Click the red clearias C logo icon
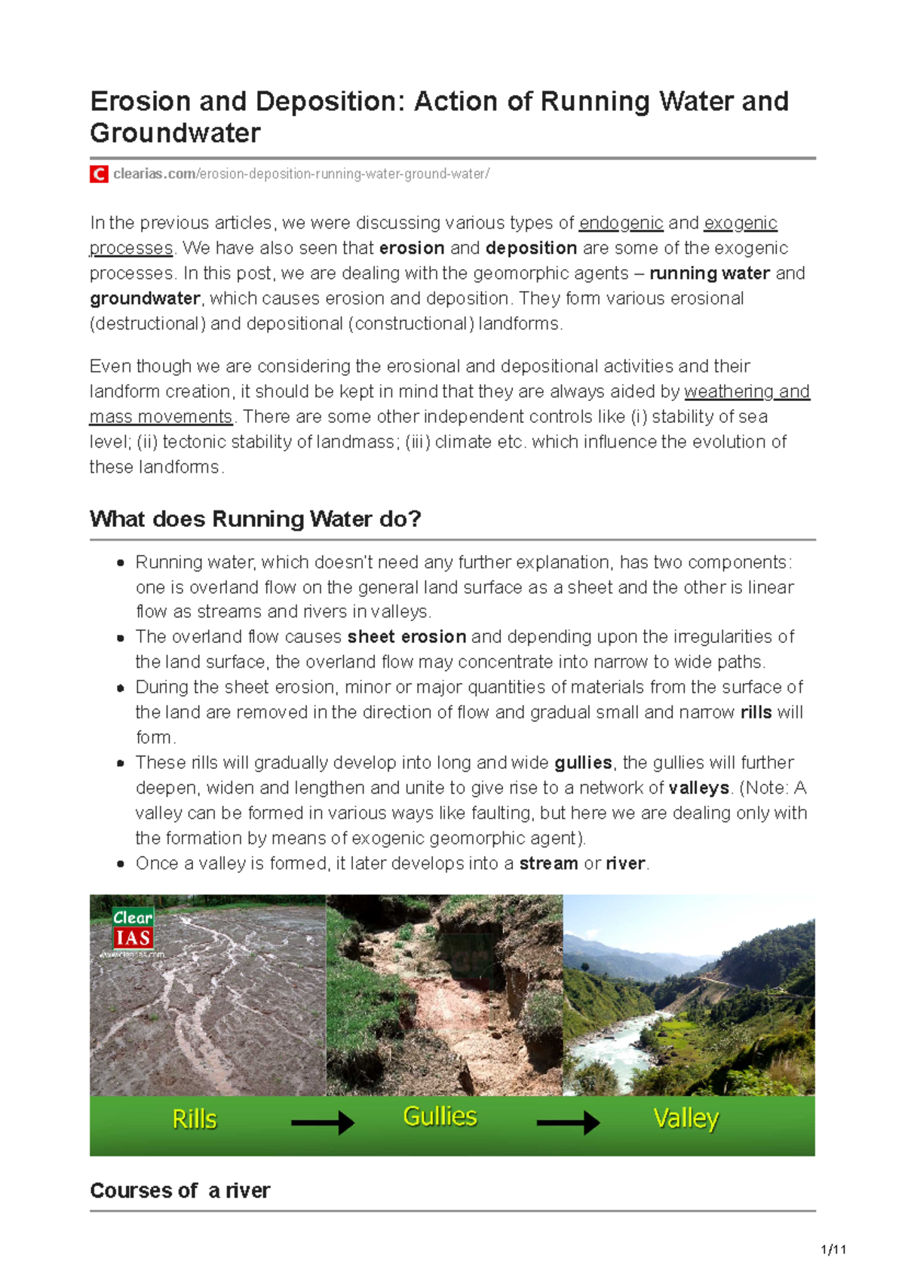(x=98, y=174)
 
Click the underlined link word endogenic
(x=621, y=223)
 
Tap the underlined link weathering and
(x=746, y=391)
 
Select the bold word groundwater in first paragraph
(x=145, y=299)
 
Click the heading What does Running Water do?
(x=255, y=519)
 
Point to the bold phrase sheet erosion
(x=406, y=637)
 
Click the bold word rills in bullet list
(x=756, y=712)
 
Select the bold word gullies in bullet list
(x=583, y=763)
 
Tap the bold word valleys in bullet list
(x=698, y=789)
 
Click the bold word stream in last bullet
(x=548, y=864)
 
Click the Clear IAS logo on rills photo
(x=133, y=929)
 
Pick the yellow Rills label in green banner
(x=195, y=1119)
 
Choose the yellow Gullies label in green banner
(x=440, y=1116)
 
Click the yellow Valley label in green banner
(x=686, y=1118)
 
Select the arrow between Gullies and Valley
(x=567, y=1123)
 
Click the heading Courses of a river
(x=179, y=1191)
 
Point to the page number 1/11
(x=833, y=1250)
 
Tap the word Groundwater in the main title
(x=175, y=133)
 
